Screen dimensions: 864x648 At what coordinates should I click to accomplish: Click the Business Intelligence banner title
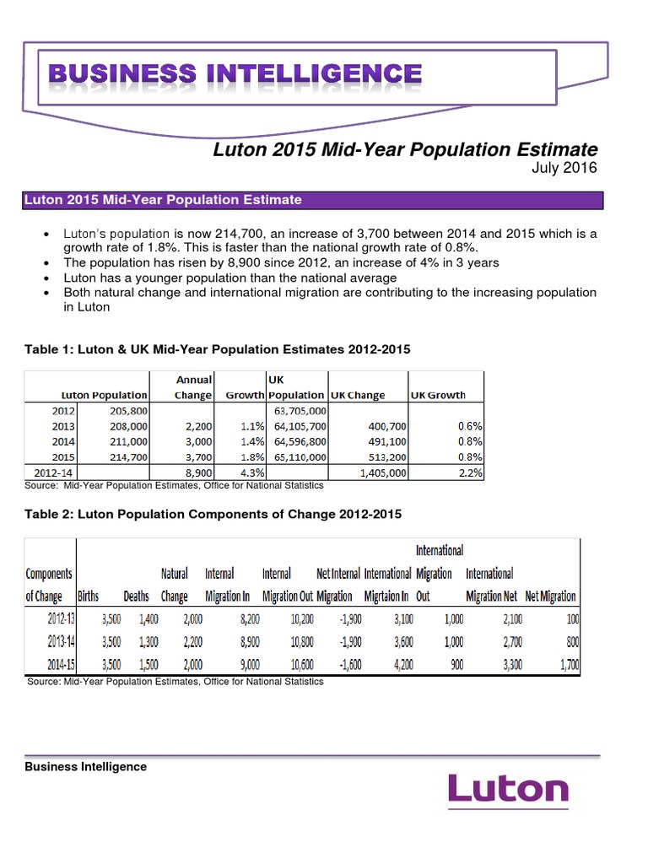pos(235,73)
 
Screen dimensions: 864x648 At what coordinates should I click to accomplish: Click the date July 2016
pos(564,168)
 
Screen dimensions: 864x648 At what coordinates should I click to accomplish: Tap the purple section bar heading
pos(313,200)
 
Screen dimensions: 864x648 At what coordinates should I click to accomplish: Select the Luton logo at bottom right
pos(508,790)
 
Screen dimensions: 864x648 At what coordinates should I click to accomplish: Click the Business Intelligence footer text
pos(85,767)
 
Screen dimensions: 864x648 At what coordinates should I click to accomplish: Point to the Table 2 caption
pos(213,513)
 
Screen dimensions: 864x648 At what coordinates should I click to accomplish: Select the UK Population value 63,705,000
pos(296,411)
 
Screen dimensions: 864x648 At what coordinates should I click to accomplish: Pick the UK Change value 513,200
pos(386,457)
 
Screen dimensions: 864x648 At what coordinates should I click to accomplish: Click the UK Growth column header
pos(438,395)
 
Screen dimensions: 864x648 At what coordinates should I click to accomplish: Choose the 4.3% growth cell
pos(252,472)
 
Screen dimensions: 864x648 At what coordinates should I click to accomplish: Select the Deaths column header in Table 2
pos(136,596)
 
